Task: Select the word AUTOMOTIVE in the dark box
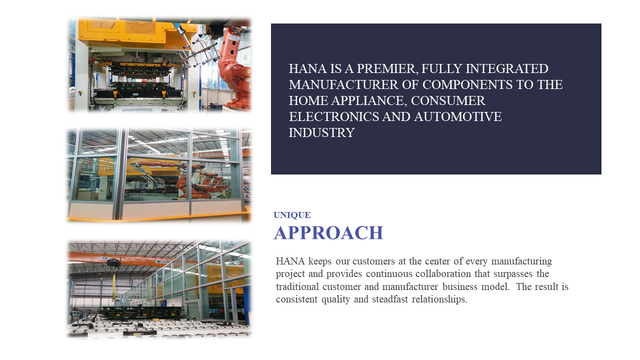457,117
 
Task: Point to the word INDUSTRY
321,133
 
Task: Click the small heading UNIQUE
292,215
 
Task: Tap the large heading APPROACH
328,233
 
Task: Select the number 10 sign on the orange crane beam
105,258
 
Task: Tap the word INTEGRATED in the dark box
507,69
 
